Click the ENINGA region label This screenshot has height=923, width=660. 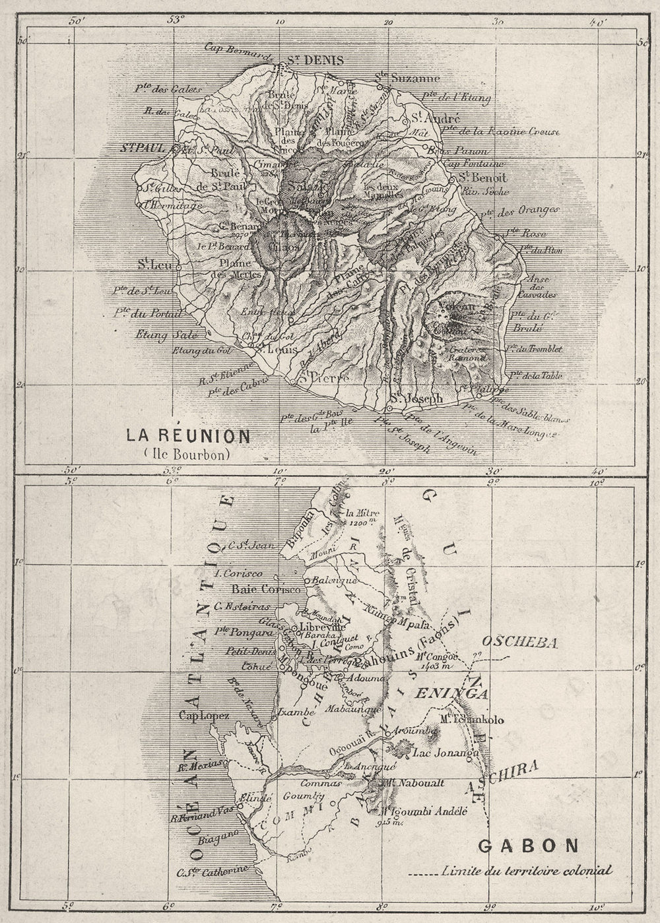pos(459,693)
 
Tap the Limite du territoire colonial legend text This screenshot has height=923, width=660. pos(527,871)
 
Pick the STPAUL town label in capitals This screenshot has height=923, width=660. pos(141,147)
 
